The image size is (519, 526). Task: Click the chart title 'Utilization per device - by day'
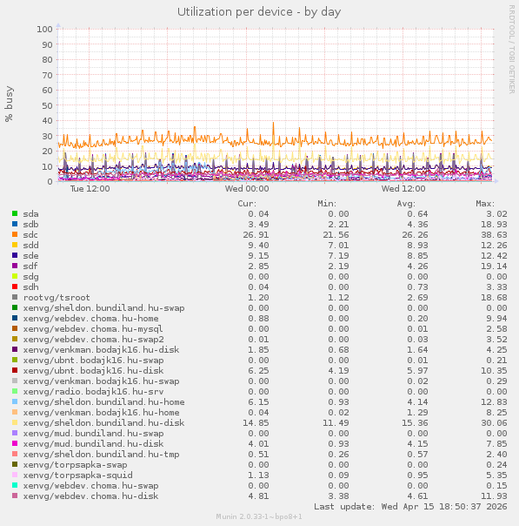[259, 12]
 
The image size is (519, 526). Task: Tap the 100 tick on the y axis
[44, 29]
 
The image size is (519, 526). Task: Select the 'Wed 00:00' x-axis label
[247, 188]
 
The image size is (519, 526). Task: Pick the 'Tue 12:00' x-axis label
[90, 188]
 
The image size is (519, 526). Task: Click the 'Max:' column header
[485, 204]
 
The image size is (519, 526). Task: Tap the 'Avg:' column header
[406, 204]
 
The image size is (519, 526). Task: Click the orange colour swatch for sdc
[15, 234]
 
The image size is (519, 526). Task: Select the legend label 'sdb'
[31, 224]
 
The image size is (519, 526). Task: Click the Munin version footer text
[259, 516]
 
